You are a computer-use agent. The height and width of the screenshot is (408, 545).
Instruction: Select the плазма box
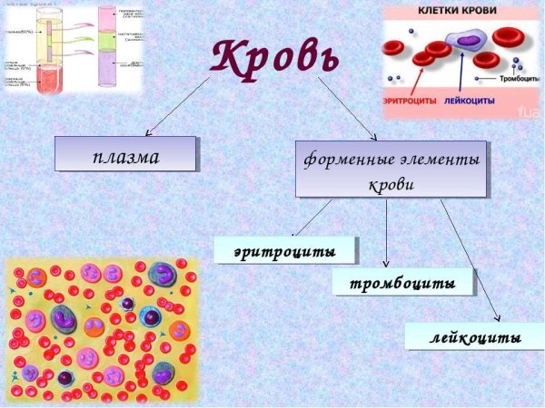[x=125, y=154]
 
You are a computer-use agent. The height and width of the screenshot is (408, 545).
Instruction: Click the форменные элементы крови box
[x=391, y=170]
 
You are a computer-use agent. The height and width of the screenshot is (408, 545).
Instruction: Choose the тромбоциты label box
[x=403, y=282]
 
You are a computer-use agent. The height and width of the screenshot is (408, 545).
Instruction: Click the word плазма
[x=125, y=156]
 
